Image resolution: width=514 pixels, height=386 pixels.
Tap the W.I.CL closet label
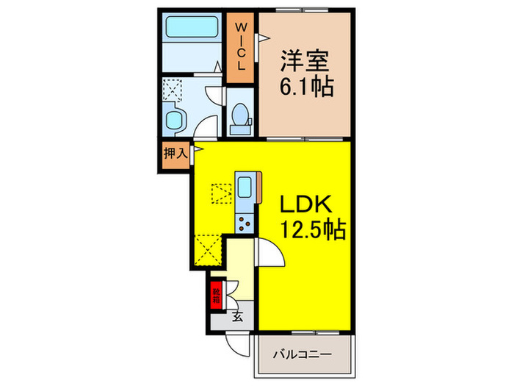[239, 46]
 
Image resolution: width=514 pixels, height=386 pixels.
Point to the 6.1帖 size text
[306, 87]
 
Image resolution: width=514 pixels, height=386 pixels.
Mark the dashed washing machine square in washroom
[173, 90]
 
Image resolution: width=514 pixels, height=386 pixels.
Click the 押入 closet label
[174, 154]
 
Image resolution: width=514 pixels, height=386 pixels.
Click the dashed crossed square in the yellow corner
[209, 249]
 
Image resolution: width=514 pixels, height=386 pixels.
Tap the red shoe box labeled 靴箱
[216, 296]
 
